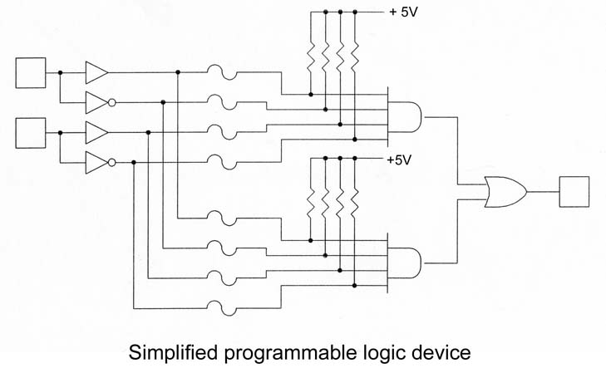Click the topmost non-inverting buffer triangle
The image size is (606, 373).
(x=96, y=73)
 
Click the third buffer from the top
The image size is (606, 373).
(x=96, y=132)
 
